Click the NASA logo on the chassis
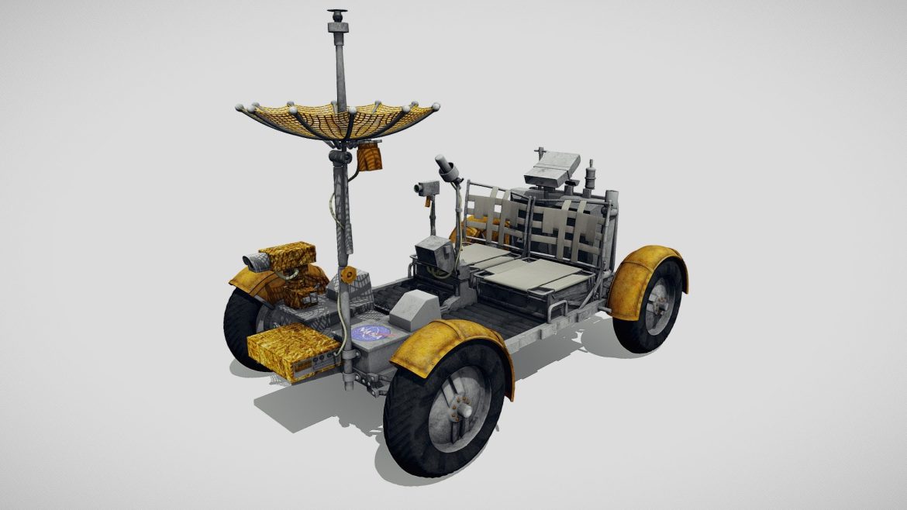coord(371,334)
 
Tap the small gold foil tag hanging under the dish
coord(370,157)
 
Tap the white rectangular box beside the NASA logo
coord(412,310)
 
